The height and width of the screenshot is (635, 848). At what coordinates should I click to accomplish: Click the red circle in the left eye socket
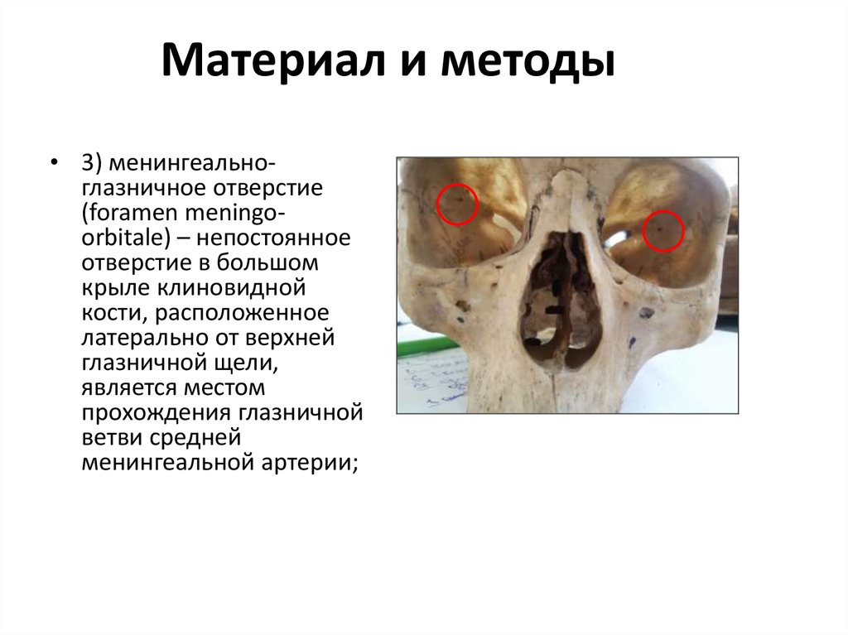click(x=456, y=204)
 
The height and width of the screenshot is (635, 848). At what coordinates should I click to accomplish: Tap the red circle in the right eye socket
click(x=662, y=230)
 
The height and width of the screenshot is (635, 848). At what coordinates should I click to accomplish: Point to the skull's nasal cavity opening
click(x=560, y=298)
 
